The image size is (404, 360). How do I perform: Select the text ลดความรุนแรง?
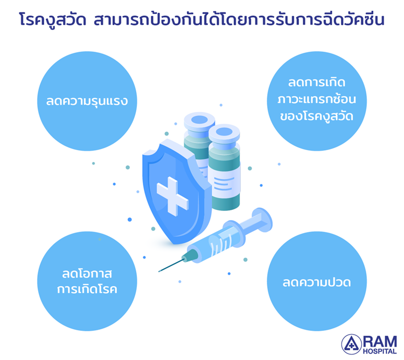coord(87,101)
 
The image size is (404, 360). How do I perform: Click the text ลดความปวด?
coord(317,283)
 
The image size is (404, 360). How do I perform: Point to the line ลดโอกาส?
coord(87,273)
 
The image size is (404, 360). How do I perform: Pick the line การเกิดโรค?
coord(87,289)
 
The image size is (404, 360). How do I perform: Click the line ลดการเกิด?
coord(317,82)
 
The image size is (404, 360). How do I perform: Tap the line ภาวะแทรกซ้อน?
coord(317,99)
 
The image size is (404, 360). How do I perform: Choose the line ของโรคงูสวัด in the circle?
coord(317,116)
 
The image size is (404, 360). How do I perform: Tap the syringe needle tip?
coord(159,271)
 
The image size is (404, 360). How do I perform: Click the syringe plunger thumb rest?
coord(262,220)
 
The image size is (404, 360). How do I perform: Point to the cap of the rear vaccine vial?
coord(199,122)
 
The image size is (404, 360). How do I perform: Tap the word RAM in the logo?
coord(380,342)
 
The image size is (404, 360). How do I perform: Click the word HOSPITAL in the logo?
coord(380,351)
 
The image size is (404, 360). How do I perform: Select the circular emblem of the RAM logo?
coord(351,344)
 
